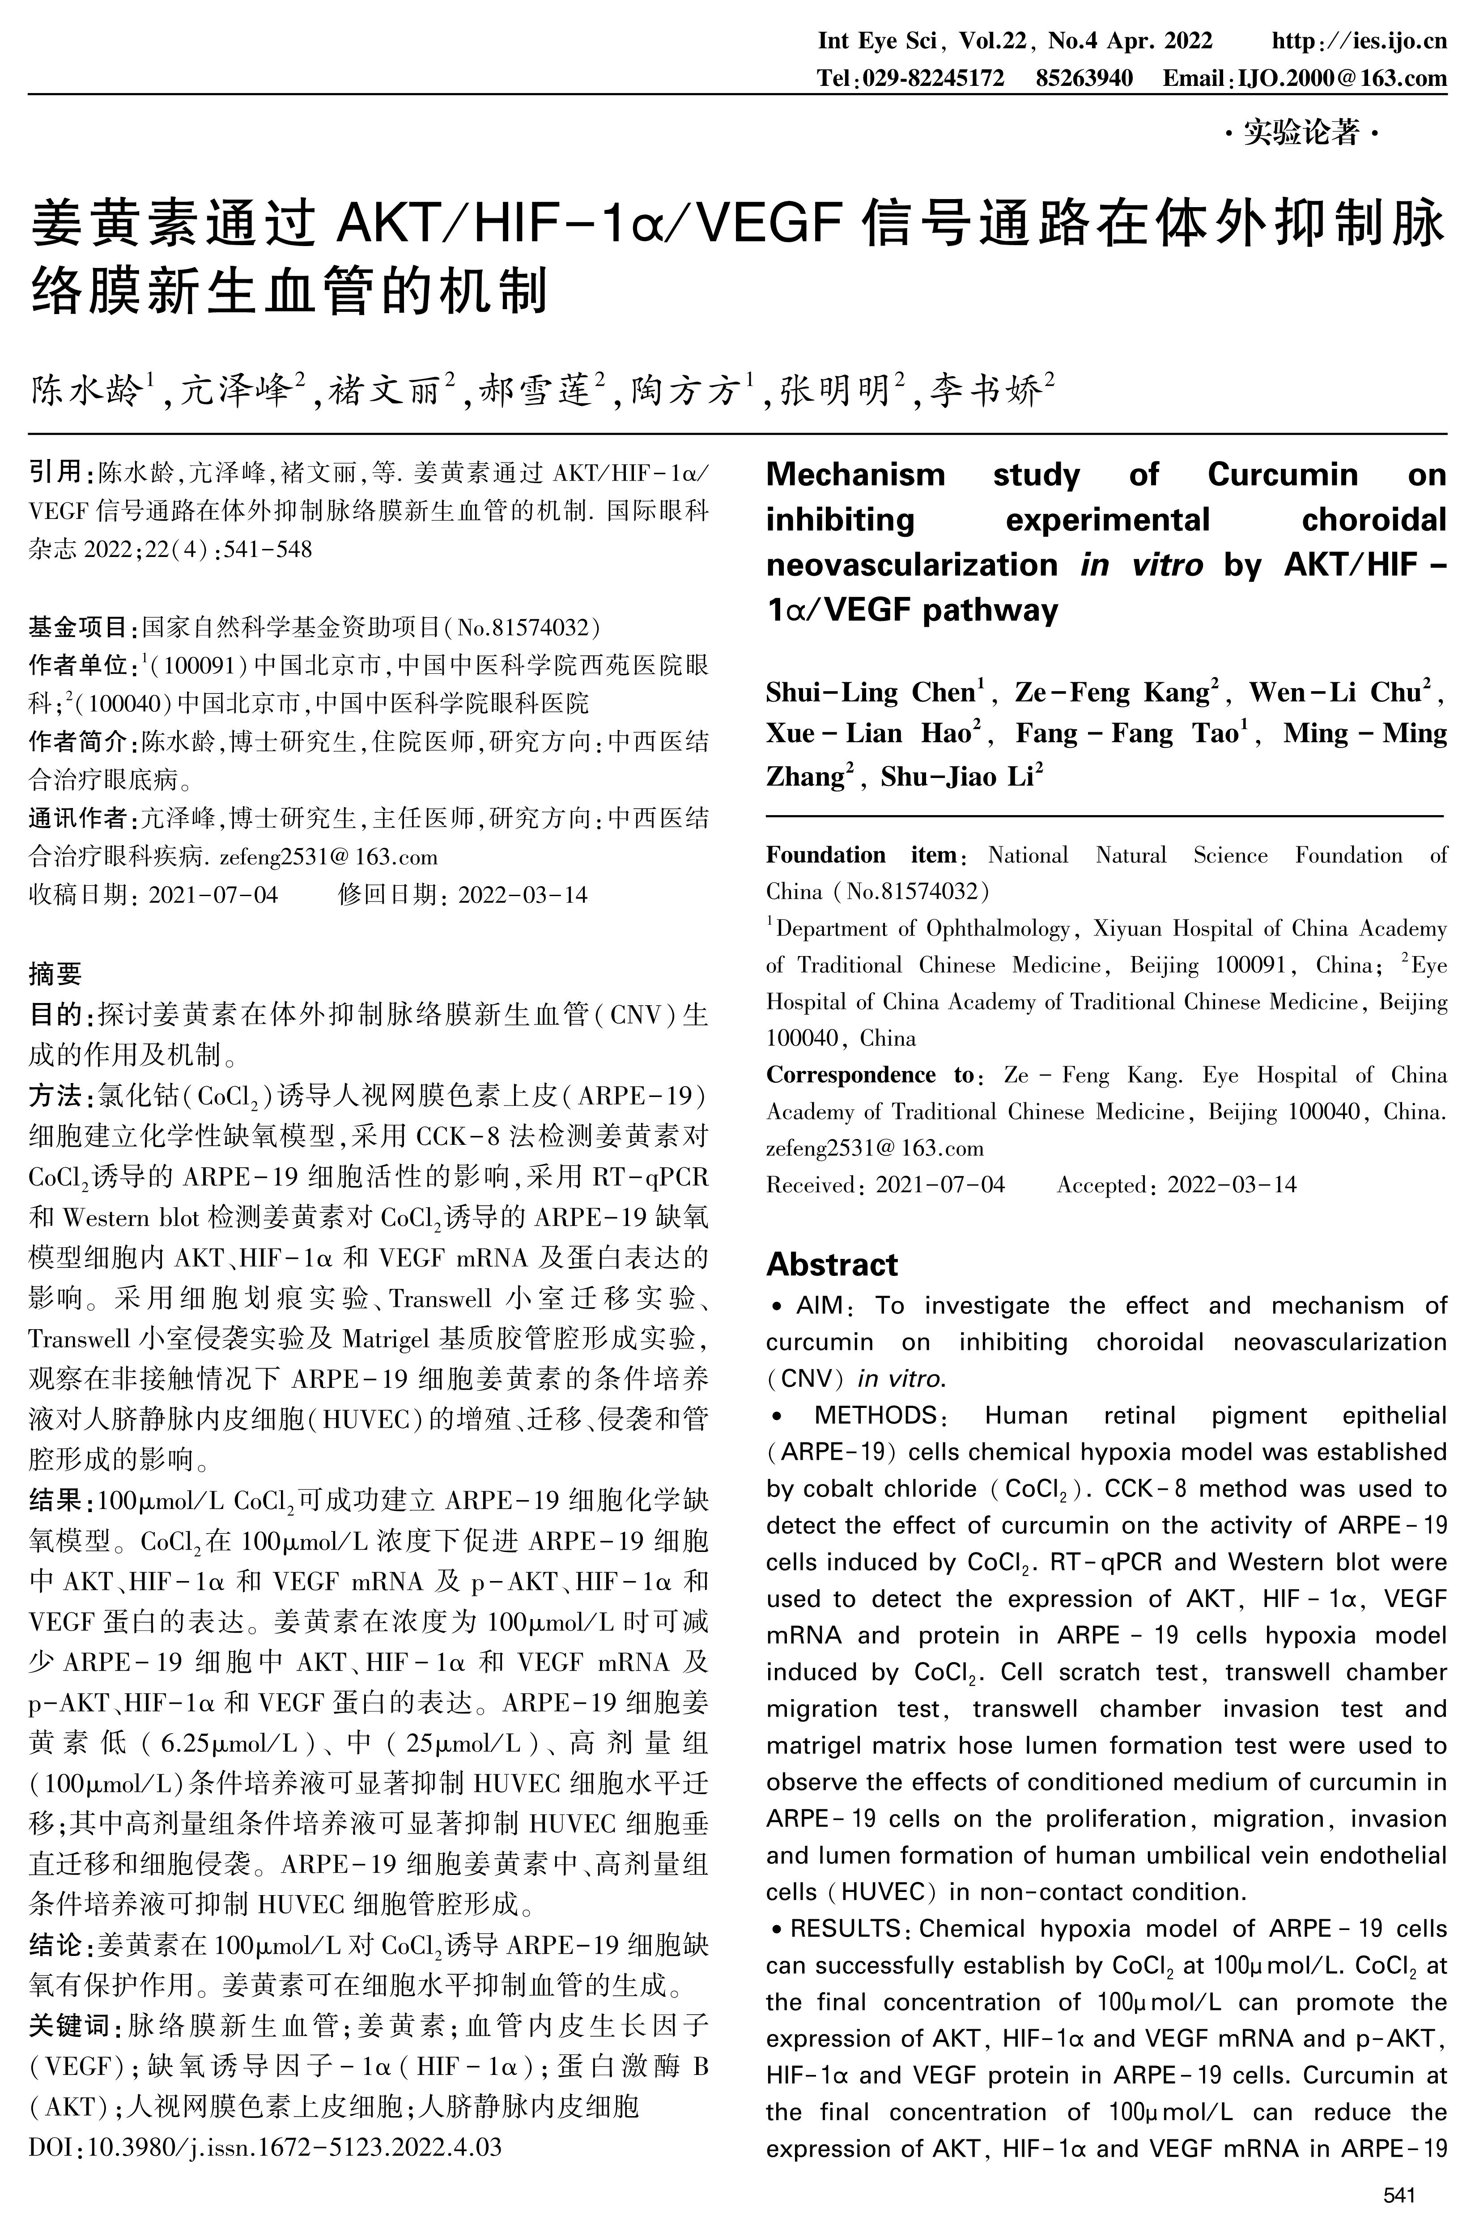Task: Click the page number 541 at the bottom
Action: [1399, 2196]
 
